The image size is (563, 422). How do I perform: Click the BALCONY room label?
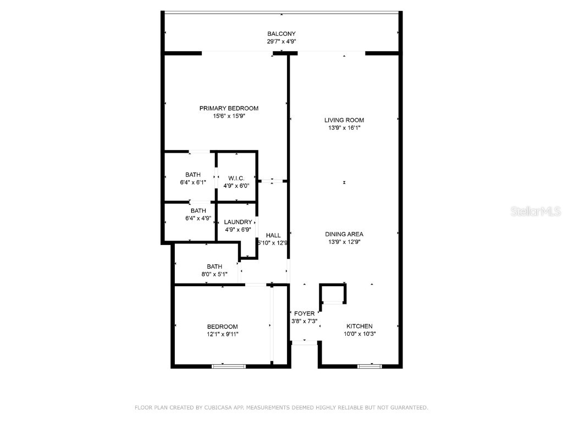click(281, 34)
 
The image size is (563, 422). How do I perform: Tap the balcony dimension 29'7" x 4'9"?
click(281, 41)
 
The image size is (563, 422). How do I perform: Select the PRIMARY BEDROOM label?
click(229, 108)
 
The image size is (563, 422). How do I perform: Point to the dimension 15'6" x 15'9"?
click(229, 116)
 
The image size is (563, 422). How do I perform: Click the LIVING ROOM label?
click(344, 120)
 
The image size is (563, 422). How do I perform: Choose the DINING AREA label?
click(344, 234)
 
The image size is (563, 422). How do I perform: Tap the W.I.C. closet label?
click(236, 178)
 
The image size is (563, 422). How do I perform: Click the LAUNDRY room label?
click(238, 222)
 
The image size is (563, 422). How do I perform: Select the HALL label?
click(273, 235)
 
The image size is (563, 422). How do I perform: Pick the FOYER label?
click(304, 314)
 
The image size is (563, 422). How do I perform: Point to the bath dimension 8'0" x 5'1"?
click(214, 274)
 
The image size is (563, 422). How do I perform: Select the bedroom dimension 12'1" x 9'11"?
click(222, 334)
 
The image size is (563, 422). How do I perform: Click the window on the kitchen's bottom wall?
click(369, 366)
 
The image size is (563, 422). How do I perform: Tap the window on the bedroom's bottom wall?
click(228, 366)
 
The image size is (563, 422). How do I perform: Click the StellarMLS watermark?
click(536, 211)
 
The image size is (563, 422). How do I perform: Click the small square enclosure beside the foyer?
click(333, 293)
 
